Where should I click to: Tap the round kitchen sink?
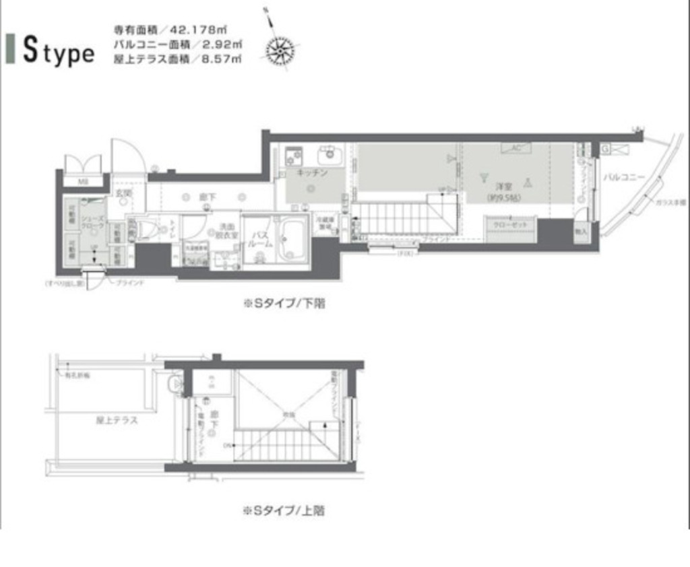coord(330,154)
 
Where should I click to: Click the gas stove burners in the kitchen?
coord(294,157)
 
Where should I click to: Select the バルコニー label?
coord(623,178)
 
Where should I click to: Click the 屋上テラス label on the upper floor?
coord(117,422)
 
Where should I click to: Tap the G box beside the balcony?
coord(606,147)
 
